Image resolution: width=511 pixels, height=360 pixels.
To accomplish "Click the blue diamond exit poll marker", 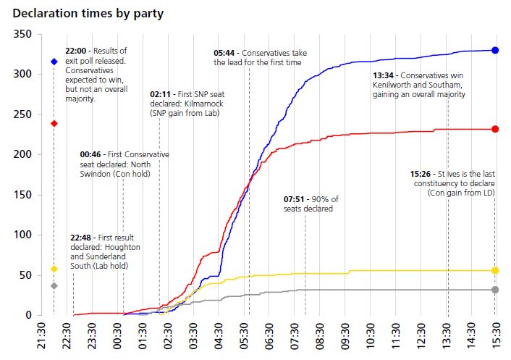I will coord(54,62).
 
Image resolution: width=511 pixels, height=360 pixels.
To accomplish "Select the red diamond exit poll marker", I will coord(54,123).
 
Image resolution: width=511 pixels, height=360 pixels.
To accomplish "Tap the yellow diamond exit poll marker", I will coord(54,269).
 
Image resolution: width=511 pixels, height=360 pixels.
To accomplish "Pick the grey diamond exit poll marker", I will coord(54,286).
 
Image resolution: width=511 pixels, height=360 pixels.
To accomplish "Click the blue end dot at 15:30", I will coord(495,50).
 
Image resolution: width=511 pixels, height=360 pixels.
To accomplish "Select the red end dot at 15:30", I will coord(495,129).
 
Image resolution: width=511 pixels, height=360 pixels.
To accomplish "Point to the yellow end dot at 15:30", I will coord(495,270).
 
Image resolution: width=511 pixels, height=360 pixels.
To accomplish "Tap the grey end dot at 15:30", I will coord(495,290).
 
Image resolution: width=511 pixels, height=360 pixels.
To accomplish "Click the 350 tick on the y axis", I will coord(22,34).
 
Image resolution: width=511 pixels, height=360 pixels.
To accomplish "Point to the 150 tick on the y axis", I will coord(22,195).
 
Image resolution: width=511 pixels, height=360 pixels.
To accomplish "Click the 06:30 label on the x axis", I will coord(269,338).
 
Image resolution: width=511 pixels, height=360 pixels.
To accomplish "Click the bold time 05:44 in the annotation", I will coord(225,53).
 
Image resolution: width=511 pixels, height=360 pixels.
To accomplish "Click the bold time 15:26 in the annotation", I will coord(421,175).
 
